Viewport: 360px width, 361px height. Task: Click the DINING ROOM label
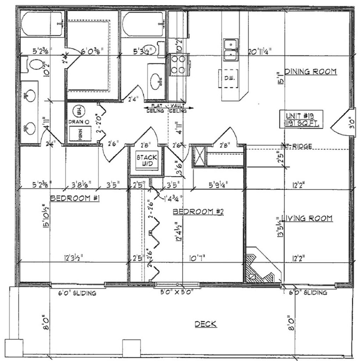(x=310, y=72)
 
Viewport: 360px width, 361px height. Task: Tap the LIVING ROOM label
(x=306, y=218)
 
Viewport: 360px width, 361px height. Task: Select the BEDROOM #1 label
(x=75, y=198)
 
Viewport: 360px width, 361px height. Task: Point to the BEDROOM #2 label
(x=198, y=212)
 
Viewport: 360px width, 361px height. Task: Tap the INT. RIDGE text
(x=297, y=146)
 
